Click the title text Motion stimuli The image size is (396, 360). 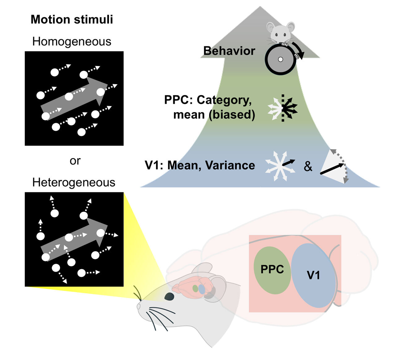pos(72,20)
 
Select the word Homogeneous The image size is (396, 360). pos(72,41)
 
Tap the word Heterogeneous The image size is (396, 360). pos(74,182)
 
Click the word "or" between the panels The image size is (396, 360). pos(75,161)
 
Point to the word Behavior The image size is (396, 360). pos(229,51)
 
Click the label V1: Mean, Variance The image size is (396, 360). pos(200,165)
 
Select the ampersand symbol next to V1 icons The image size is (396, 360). pos(308,167)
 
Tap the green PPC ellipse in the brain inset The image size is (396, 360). pos(272,270)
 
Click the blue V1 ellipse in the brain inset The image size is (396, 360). pos(313,275)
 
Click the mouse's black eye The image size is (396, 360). pos(169,297)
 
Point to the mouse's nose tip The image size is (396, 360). pos(139,306)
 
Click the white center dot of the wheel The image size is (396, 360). pos(280,59)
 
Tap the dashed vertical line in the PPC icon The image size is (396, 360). pos(283,108)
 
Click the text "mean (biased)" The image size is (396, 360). pos(214,115)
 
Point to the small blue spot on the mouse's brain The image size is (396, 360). pos(202,289)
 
